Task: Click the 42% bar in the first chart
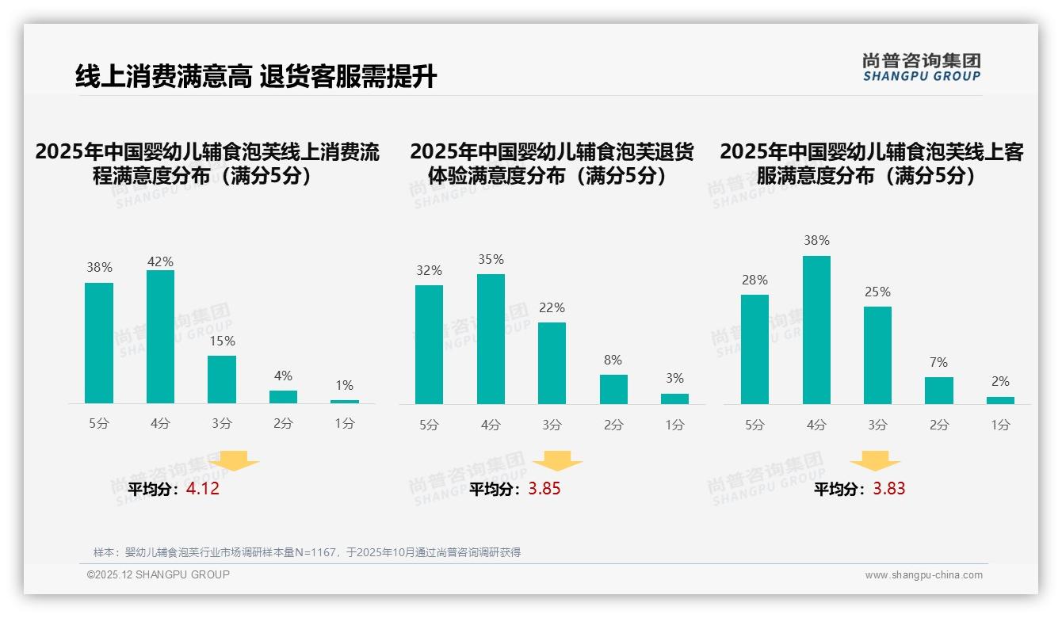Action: click(x=160, y=337)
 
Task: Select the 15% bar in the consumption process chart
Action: click(x=222, y=380)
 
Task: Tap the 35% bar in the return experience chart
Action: click(x=491, y=339)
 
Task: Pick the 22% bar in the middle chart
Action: click(x=552, y=363)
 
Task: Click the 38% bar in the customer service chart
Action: click(x=816, y=330)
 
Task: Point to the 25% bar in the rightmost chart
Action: click(x=877, y=355)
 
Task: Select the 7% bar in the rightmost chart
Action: click(x=939, y=391)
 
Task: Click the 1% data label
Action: click(x=344, y=386)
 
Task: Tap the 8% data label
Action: click(x=613, y=360)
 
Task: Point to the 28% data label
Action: click(x=754, y=280)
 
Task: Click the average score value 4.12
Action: click(x=203, y=489)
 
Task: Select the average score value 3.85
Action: click(x=544, y=489)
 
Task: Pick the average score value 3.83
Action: click(x=889, y=489)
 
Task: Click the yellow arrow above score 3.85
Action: click(x=557, y=461)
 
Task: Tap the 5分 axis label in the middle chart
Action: click(x=429, y=425)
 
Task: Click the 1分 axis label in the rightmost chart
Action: click(x=1000, y=425)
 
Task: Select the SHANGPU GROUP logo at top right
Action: click(x=921, y=67)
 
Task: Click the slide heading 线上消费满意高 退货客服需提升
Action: click(x=255, y=77)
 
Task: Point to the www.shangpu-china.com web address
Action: click(x=923, y=575)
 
